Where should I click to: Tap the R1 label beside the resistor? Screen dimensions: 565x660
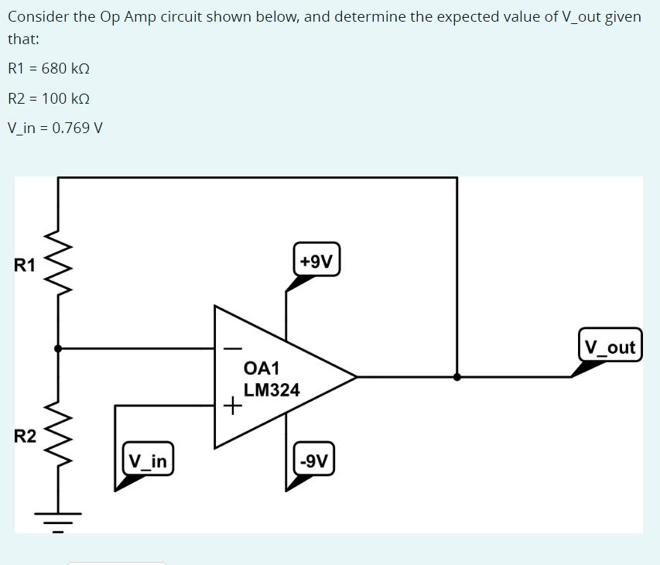point(25,265)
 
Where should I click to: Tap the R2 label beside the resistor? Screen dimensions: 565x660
point(25,436)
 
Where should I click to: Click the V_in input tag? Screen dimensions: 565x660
point(148,462)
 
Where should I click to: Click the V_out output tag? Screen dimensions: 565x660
point(610,347)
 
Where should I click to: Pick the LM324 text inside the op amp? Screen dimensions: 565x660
point(272,390)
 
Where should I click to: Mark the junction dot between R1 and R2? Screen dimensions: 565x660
point(59,348)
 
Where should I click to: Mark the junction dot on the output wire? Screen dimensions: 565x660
point(457,377)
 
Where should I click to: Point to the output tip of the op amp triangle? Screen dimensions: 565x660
point(356,377)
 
